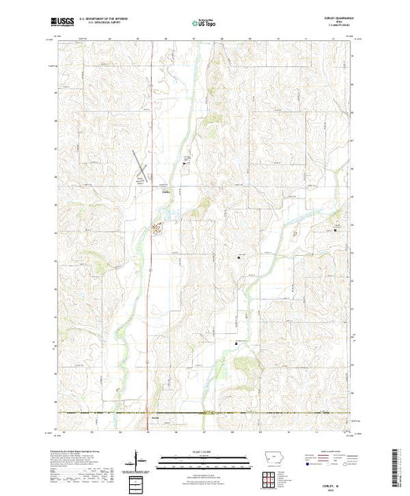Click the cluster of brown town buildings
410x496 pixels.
[157, 230]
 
